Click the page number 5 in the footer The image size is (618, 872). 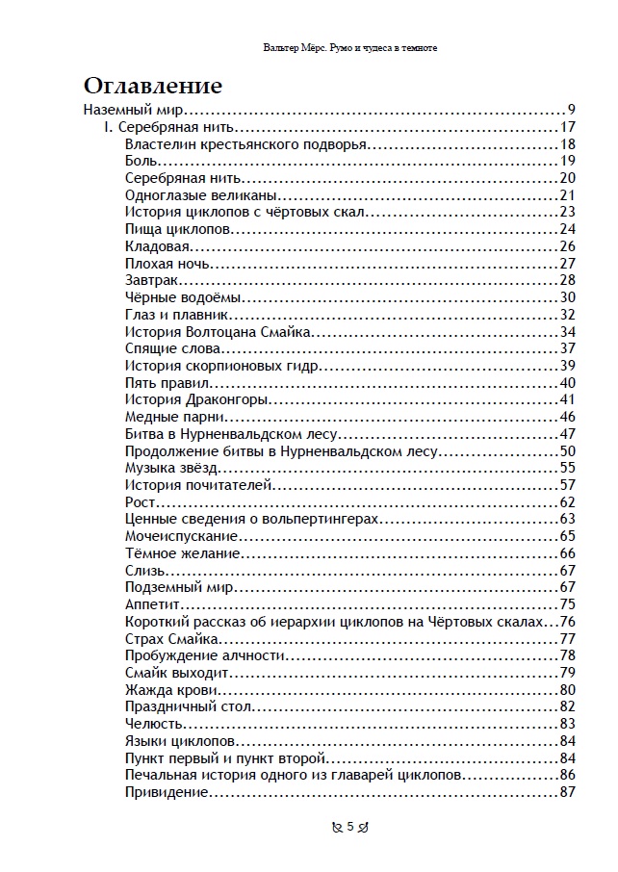click(350, 826)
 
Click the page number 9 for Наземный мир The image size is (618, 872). click(571, 110)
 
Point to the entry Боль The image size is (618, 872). click(142, 161)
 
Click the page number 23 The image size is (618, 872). click(566, 213)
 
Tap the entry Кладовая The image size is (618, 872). click(153, 246)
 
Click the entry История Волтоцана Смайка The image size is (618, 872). click(218, 331)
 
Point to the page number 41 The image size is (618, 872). click(566, 399)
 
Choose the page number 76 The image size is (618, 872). click(566, 622)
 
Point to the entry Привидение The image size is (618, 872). click(167, 792)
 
